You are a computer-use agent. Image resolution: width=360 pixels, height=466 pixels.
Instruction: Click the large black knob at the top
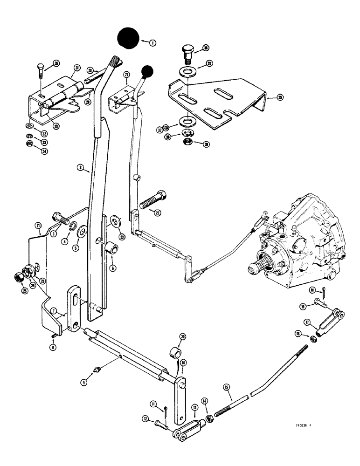tap(129, 39)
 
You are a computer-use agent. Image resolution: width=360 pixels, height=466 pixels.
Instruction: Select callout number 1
tap(152, 42)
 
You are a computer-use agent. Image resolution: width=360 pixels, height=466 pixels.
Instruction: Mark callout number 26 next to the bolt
tap(56, 63)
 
